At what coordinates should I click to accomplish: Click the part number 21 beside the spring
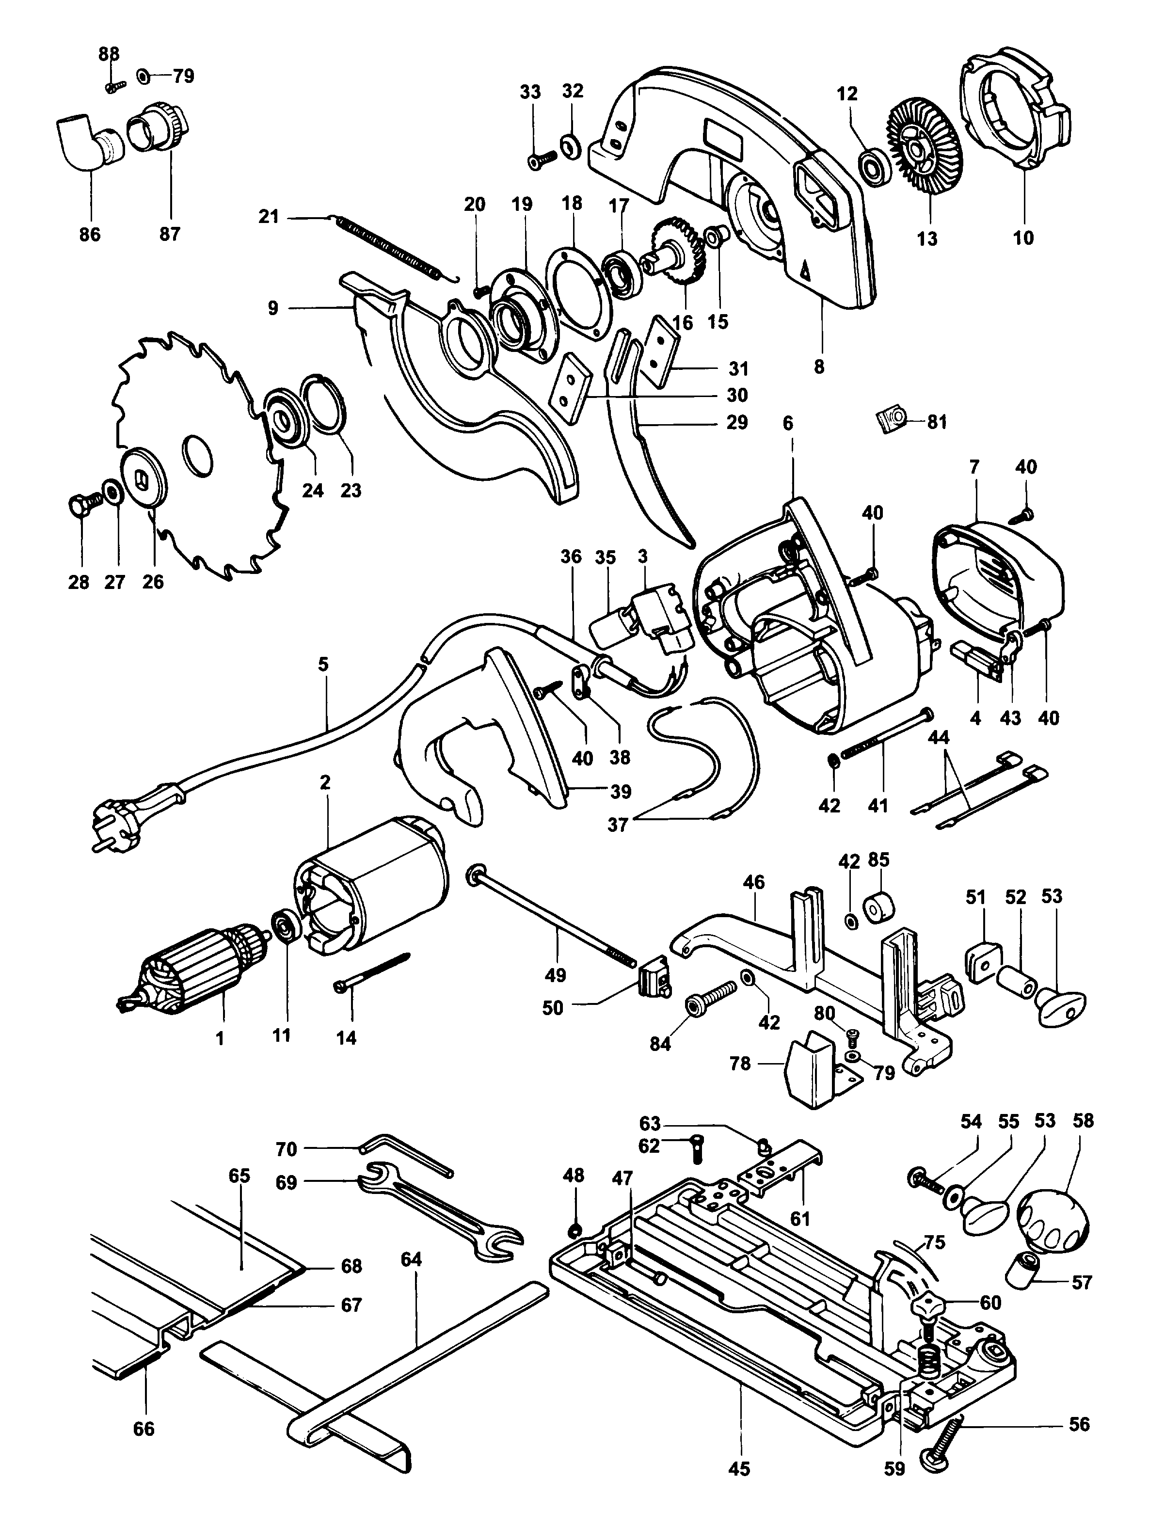pyautogui.click(x=268, y=217)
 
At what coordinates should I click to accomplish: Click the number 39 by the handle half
pyautogui.click(x=620, y=792)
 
